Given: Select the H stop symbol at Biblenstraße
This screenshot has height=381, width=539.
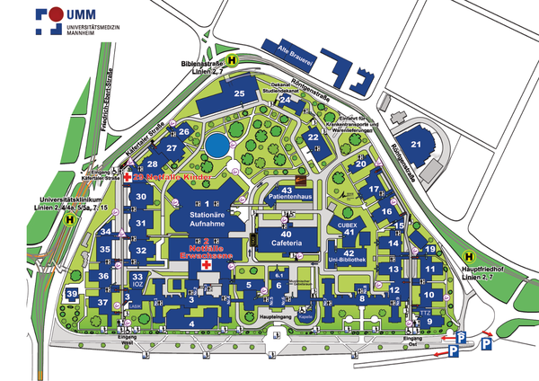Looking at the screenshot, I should tap(232, 61).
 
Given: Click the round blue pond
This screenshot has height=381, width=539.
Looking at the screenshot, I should tap(216, 145).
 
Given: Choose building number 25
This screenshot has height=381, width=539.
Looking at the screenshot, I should tap(239, 93).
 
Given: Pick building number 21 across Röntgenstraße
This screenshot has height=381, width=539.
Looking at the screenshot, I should tap(416, 144).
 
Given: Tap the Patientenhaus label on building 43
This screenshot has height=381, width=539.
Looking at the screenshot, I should tap(287, 195).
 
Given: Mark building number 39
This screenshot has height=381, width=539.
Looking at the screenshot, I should tap(71, 295).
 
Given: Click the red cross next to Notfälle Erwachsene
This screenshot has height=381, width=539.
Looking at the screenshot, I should tap(206, 267).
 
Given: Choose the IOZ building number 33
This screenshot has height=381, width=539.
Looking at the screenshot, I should tap(137, 279).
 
